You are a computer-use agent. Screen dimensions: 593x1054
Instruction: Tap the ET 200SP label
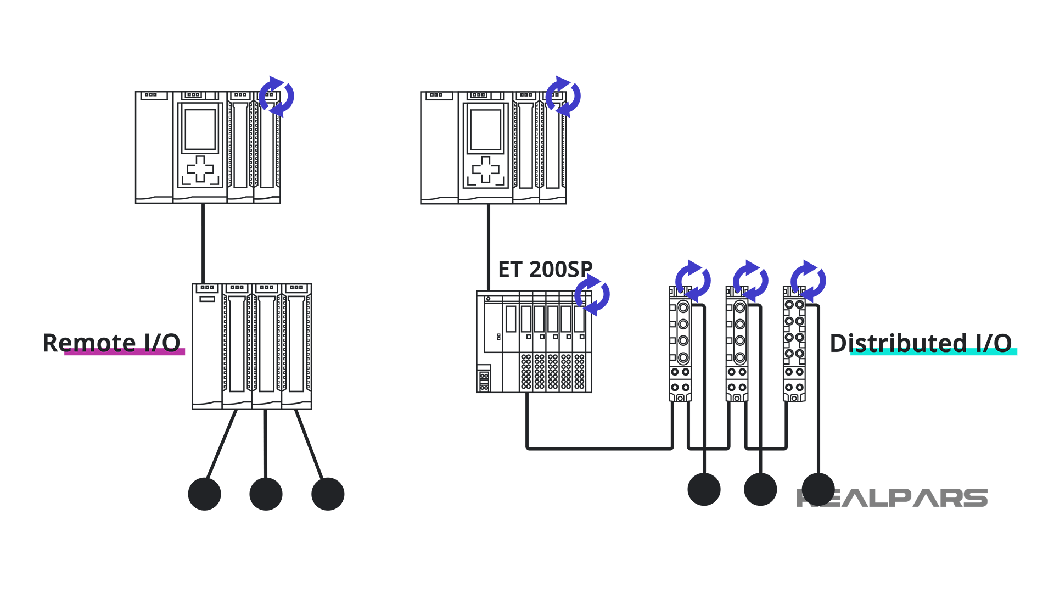(545, 269)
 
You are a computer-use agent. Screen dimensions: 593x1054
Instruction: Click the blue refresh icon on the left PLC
(277, 97)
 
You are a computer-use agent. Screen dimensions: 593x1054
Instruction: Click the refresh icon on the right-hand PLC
(563, 97)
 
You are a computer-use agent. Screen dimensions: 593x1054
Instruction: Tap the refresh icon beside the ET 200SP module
(592, 295)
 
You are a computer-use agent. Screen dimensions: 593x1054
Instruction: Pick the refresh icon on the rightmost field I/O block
(808, 281)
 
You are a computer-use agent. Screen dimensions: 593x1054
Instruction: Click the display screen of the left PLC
(200, 130)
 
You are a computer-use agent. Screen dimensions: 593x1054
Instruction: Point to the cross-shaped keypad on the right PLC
(486, 169)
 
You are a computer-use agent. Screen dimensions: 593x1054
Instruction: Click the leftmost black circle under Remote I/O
(204, 494)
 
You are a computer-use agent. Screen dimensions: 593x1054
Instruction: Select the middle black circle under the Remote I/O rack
(266, 494)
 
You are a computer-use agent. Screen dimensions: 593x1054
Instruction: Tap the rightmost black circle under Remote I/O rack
(328, 494)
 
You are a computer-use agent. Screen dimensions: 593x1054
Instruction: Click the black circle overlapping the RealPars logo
(818, 489)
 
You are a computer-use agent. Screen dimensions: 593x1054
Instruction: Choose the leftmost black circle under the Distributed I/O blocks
(704, 489)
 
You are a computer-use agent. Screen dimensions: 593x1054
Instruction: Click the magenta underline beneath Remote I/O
(125, 352)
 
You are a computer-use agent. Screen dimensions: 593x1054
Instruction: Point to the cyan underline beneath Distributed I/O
(933, 352)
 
